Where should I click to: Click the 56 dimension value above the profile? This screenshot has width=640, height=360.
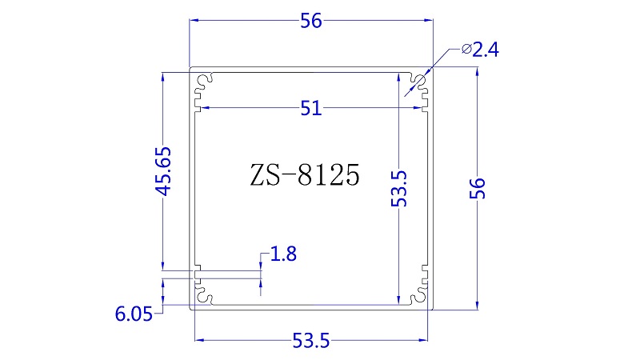tap(311, 21)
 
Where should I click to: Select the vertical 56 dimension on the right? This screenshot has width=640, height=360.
tap(477, 188)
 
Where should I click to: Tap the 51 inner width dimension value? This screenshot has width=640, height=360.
tap(311, 109)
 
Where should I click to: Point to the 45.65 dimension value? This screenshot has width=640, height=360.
tap(163, 171)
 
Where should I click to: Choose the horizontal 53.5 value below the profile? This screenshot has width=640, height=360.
tap(311, 341)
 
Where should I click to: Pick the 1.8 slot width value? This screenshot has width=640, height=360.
tap(283, 254)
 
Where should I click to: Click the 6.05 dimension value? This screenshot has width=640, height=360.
tap(134, 314)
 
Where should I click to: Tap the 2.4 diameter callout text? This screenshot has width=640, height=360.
tap(486, 50)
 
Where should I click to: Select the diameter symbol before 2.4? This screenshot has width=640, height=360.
tap(466, 50)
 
